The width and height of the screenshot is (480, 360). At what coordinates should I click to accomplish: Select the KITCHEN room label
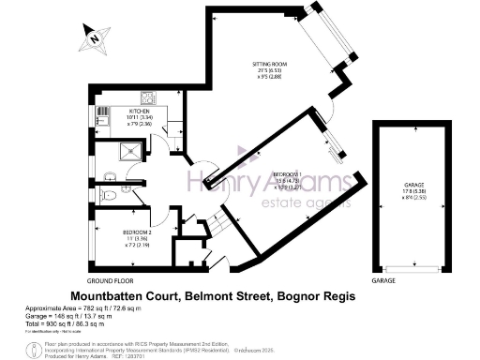[x=139, y=110]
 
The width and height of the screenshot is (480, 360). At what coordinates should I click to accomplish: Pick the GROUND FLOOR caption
[x=109, y=281]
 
